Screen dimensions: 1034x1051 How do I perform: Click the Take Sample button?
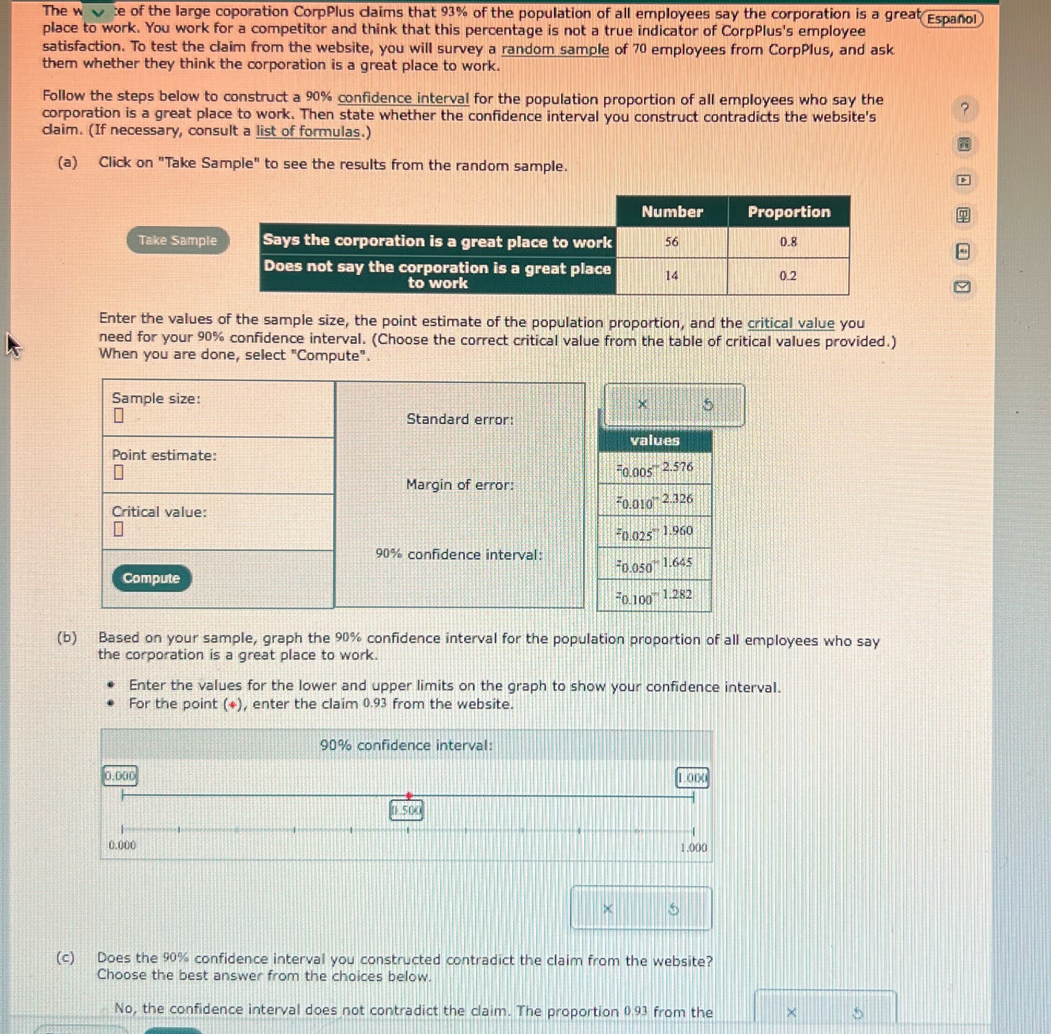tap(177, 240)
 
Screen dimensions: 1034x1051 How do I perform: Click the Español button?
tap(952, 19)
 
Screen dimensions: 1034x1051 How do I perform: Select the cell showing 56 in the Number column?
tap(672, 242)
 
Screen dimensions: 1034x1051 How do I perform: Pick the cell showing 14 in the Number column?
tap(672, 276)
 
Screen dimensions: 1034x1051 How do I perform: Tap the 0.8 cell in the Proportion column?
tap(788, 242)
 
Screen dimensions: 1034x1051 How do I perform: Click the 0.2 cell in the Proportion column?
tap(788, 276)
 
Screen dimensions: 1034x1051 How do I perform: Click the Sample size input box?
tap(118, 416)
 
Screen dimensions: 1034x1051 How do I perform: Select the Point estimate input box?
tap(118, 472)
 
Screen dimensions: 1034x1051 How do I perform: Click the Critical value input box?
tap(118, 529)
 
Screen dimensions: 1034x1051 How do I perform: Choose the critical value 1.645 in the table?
tap(677, 562)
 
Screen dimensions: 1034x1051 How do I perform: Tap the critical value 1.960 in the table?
tap(677, 531)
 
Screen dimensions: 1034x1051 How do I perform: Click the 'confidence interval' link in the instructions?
tap(403, 99)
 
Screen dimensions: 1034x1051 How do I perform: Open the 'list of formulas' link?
tap(308, 132)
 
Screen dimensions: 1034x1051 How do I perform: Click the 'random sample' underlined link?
tap(555, 50)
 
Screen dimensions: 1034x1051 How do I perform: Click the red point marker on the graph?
tap(409, 795)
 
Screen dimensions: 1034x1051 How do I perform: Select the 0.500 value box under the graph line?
tap(406, 811)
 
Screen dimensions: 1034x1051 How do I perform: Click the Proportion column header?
tap(788, 212)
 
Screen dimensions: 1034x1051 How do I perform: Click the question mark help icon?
tap(964, 109)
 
